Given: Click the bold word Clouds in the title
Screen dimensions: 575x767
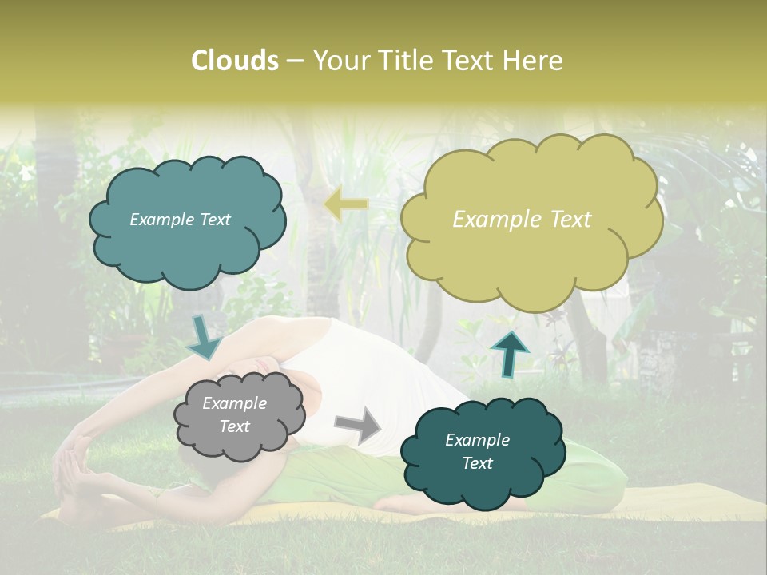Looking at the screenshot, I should [234, 61].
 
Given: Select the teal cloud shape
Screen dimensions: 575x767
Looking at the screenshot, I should [187, 248].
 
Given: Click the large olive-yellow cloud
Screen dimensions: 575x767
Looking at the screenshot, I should [531, 256].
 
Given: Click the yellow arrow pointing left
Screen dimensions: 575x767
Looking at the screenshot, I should [345, 205].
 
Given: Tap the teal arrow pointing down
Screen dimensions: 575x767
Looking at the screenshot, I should [205, 337].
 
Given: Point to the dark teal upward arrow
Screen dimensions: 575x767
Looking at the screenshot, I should [510, 353].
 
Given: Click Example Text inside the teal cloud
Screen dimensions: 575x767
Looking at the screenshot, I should [180, 220].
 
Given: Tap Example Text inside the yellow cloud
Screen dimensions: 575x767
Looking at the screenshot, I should [522, 220].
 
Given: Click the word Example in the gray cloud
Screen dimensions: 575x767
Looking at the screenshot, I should [234, 403].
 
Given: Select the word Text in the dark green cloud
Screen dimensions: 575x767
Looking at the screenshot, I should [477, 463].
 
